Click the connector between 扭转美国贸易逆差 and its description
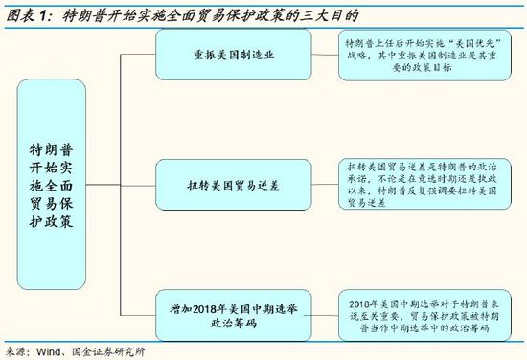point(318,181)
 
